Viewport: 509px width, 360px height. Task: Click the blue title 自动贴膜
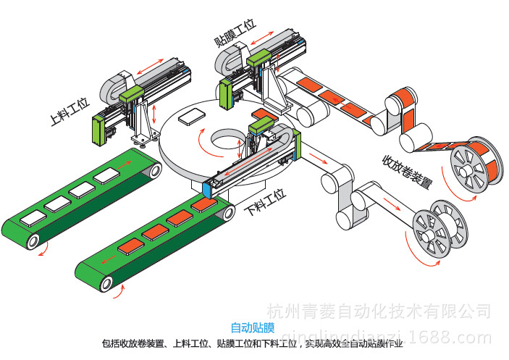tap(248, 327)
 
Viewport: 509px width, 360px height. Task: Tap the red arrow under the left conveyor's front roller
tap(45, 251)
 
